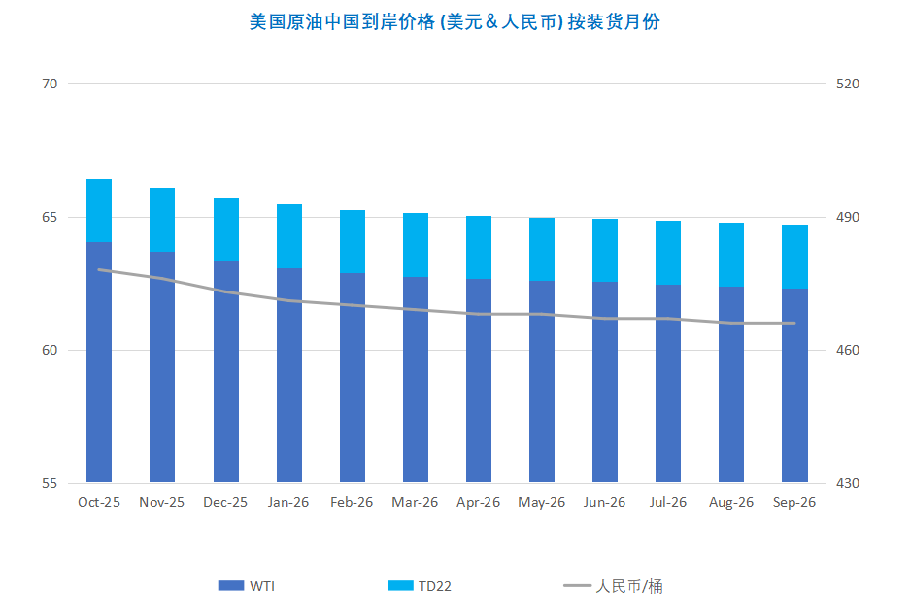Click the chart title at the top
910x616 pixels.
pos(455,21)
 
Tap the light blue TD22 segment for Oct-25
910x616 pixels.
pos(99,210)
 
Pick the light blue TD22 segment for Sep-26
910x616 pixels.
pos(794,257)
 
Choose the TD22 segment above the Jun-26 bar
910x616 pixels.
pos(605,250)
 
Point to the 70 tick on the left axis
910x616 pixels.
pos(50,84)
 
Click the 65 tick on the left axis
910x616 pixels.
pos(50,217)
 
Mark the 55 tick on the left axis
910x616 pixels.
pos(50,483)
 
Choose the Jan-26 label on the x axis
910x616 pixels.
pos(288,502)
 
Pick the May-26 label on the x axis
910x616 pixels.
pos(542,502)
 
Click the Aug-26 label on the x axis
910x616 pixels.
pos(731,502)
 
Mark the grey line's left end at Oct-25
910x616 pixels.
pos(99,269)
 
